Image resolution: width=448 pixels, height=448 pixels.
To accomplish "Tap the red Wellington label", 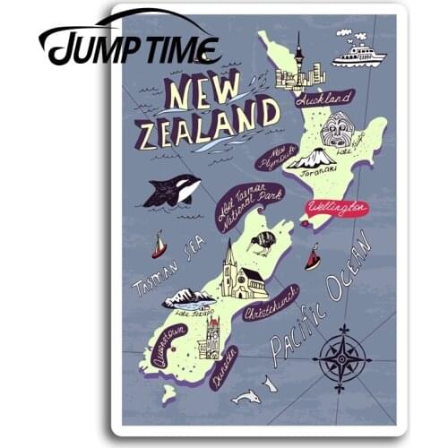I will (337, 208).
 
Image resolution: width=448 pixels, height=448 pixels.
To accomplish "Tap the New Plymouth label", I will (277, 158).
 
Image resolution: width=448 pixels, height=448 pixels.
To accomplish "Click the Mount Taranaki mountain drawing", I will (311, 159).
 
